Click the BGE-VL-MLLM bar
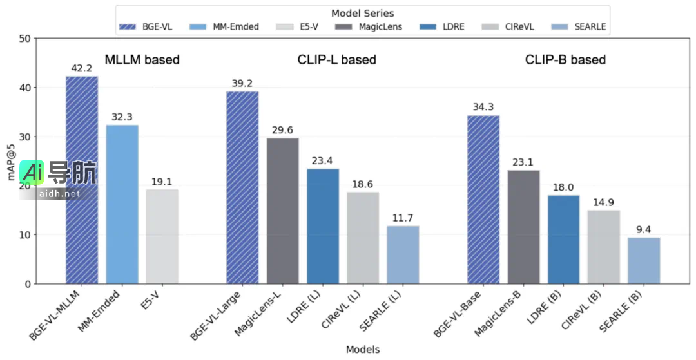click(82, 180)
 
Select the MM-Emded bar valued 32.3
click(122, 204)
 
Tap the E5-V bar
click(162, 236)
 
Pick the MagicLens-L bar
click(282, 211)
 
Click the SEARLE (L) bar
click(403, 254)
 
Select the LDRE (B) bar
click(563, 239)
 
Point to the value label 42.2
click(82, 68)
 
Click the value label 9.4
click(644, 229)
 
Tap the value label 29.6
click(282, 130)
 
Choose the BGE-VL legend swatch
click(127, 27)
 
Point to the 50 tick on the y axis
click(24, 39)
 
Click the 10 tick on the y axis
click(24, 235)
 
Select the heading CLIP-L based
click(336, 60)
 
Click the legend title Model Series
click(362, 13)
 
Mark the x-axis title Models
click(362, 350)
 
